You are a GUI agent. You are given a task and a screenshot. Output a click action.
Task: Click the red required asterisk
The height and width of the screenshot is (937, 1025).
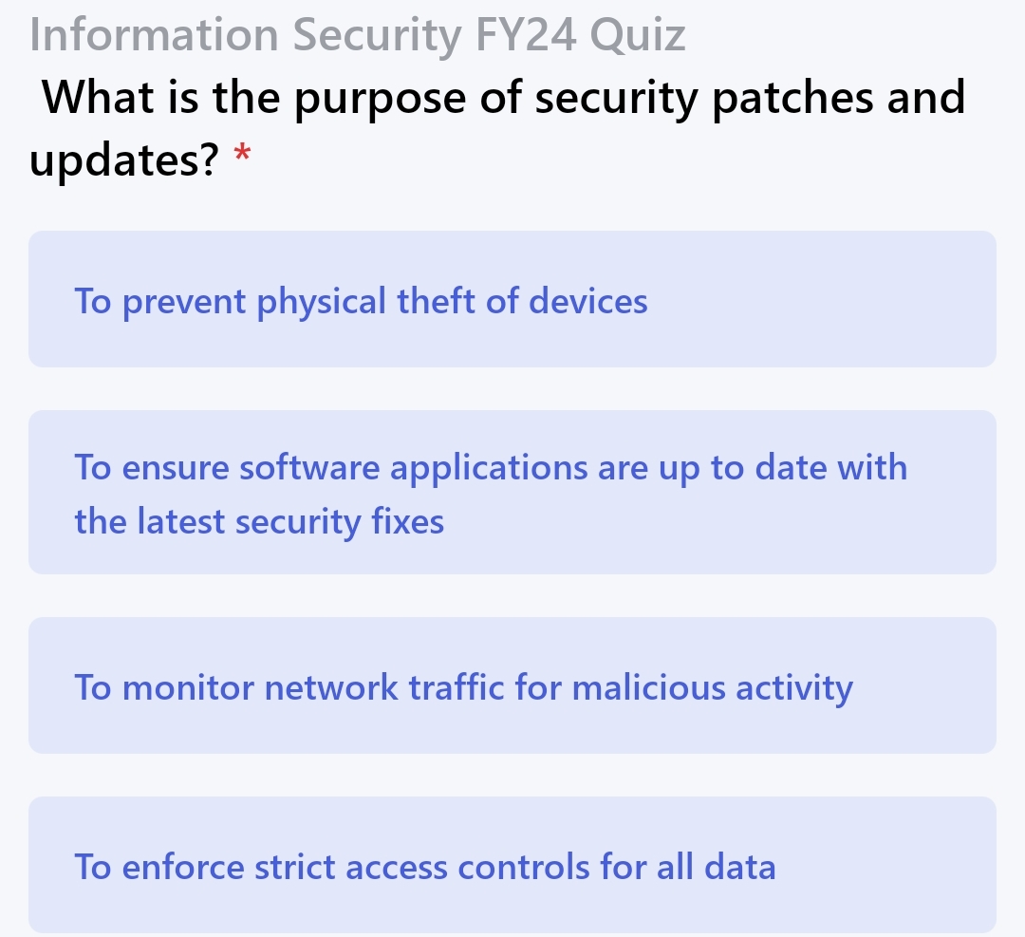(243, 154)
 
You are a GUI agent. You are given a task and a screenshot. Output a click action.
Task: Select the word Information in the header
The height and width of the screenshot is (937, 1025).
(155, 35)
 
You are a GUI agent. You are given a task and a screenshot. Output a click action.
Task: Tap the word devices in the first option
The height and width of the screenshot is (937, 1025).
(587, 302)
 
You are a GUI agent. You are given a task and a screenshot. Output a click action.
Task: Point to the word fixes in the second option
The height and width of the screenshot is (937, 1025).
(408, 521)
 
